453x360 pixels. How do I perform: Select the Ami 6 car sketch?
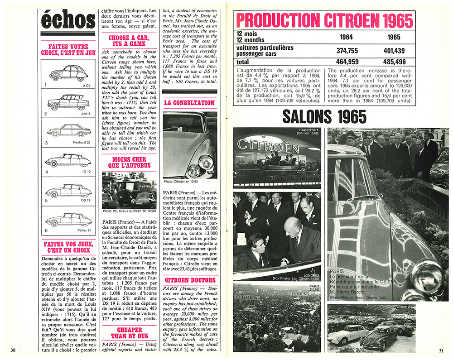coord(68,102)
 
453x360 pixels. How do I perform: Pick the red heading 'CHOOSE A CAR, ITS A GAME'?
coord(127,40)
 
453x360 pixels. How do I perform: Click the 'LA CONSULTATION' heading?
coord(189,103)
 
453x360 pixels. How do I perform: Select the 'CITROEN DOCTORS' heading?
coord(189,280)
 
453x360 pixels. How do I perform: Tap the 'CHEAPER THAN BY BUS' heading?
coord(127,333)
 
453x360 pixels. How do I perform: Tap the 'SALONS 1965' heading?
coord(324,117)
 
